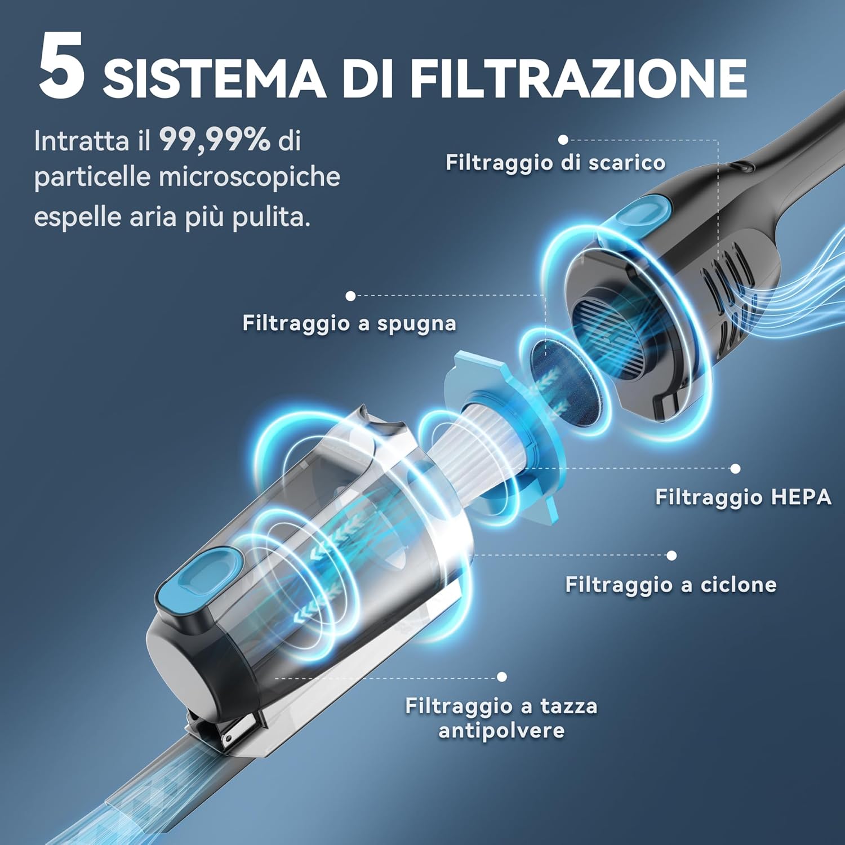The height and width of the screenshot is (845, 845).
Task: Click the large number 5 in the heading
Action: [x=62, y=66]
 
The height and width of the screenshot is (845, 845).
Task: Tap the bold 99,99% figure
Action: [x=215, y=140]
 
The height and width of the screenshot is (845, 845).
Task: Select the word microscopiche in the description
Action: [x=249, y=177]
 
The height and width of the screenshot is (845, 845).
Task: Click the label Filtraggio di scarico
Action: [x=555, y=163]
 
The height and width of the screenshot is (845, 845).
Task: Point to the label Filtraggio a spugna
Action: [x=349, y=323]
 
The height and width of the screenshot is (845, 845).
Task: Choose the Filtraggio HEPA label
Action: [x=743, y=497]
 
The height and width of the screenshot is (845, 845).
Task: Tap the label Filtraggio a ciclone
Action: [x=670, y=585]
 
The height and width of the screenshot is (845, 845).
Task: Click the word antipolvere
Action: [x=501, y=731]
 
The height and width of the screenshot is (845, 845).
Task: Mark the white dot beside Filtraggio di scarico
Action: [x=563, y=140]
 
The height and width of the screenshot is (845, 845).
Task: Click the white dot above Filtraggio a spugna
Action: [x=350, y=296]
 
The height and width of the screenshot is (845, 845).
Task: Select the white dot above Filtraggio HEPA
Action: [x=735, y=469]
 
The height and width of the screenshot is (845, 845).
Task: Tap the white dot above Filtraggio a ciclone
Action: [x=671, y=555]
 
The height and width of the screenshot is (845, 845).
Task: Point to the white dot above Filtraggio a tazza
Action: [x=502, y=677]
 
